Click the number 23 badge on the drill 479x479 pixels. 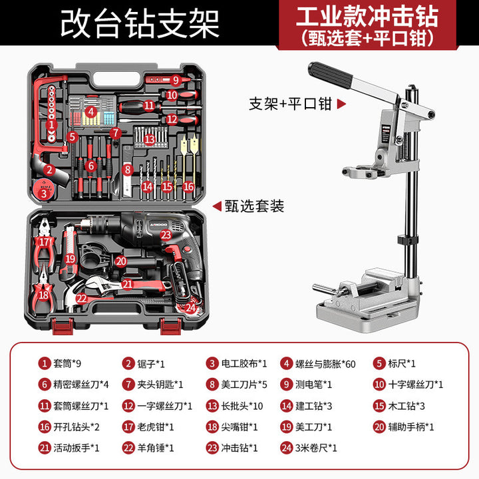click(166, 235)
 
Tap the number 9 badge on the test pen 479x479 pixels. click(176, 80)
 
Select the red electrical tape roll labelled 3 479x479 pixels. click(44, 190)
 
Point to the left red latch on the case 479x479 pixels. click(63, 326)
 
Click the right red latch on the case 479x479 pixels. click(171, 326)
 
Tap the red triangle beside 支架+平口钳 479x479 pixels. click(341, 104)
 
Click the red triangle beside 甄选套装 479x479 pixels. click(217, 206)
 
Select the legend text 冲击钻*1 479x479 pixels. click(239, 448)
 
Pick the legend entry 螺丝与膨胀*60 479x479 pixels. click(325, 364)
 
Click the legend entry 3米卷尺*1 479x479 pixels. click(316, 448)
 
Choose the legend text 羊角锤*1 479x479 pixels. click(156, 448)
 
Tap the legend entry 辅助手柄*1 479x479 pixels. click(411, 426)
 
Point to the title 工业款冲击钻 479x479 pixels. click(367, 17)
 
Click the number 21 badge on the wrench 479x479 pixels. click(127, 284)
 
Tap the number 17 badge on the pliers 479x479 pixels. click(44, 242)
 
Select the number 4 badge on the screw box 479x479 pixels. click(91, 112)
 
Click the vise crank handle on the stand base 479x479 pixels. click(325, 288)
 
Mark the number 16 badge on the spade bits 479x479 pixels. click(188, 186)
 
